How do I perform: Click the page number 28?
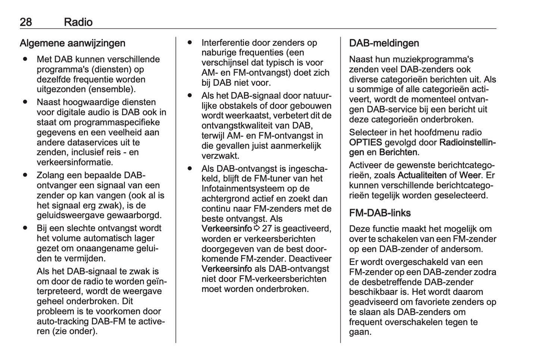tap(26, 22)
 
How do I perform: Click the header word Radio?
tap(78, 22)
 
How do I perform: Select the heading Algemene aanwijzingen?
tap(72, 43)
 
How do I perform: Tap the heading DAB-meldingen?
tap(384, 43)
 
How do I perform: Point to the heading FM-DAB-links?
tap(380, 213)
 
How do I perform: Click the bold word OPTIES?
tap(365, 142)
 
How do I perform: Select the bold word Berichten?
tap(398, 152)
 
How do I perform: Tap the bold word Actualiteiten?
tap(422, 175)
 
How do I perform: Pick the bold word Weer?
tap(470, 175)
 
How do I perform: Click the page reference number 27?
tap(267, 228)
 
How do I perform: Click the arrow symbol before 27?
tap(257, 228)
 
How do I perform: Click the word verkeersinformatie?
tap(75, 162)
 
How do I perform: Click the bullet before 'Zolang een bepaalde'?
tap(25, 175)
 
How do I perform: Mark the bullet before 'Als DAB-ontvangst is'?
tap(190, 168)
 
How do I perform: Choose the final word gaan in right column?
tap(359, 332)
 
